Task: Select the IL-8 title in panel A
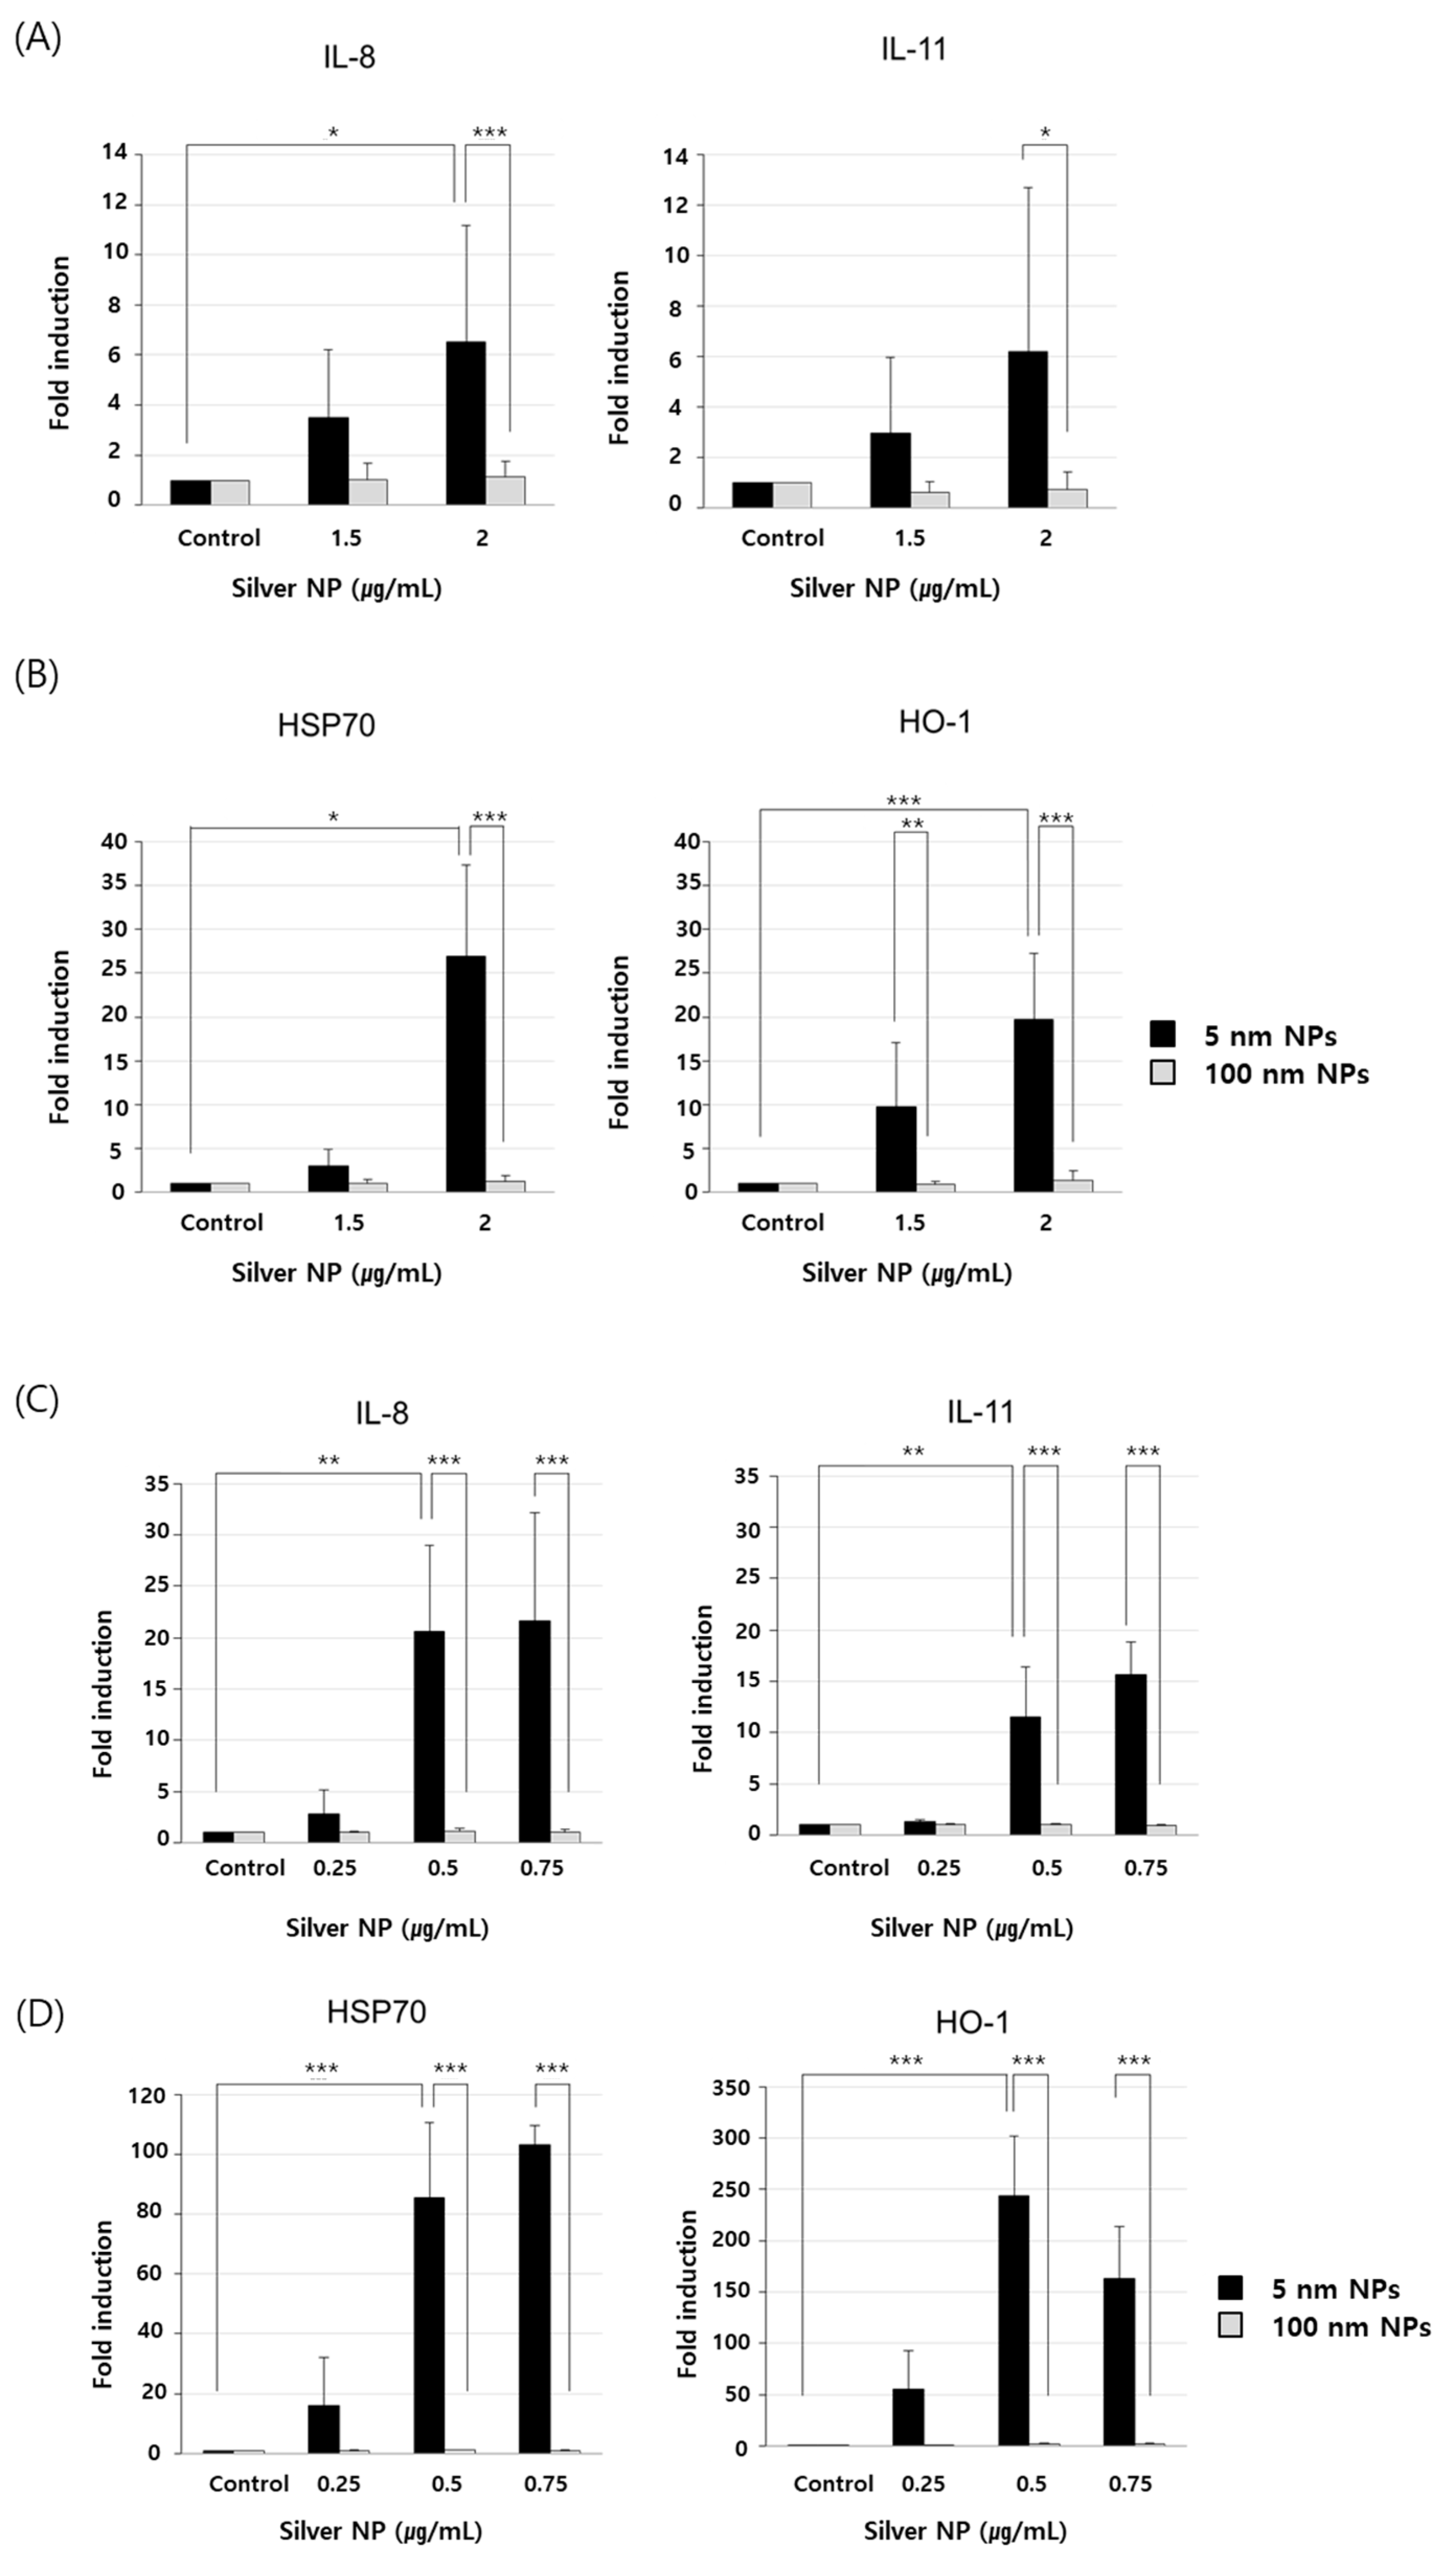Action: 349,56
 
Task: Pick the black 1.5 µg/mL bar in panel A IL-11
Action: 890,470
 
